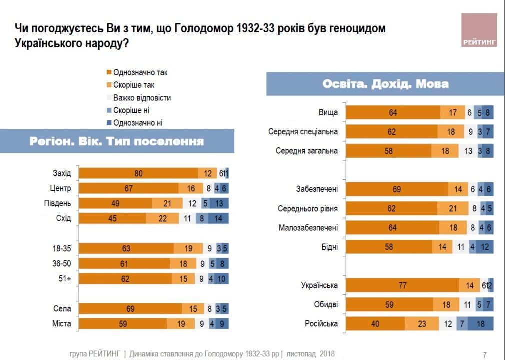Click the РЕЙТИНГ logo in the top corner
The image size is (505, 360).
pyautogui.click(x=479, y=30)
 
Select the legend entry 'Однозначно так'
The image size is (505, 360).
pyautogui.click(x=140, y=72)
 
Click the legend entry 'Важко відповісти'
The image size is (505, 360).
pyautogui.click(x=141, y=98)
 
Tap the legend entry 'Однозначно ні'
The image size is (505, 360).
pyautogui.click(x=137, y=123)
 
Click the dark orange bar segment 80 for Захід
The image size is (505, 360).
pyautogui.click(x=139, y=173)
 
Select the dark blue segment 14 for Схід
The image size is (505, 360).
pyautogui.click(x=218, y=218)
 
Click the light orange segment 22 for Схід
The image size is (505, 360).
pyautogui.click(x=162, y=218)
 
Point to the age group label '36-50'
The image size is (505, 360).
pyautogui.click(x=62, y=263)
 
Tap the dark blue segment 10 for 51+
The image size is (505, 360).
pyautogui.click(x=221, y=278)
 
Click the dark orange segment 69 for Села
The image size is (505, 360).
pyautogui.click(x=131, y=309)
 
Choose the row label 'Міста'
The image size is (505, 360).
pyautogui.click(x=62, y=324)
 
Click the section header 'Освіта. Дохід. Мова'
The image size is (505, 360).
pyautogui.click(x=385, y=84)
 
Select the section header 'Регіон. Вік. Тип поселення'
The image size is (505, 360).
pyautogui.click(x=117, y=141)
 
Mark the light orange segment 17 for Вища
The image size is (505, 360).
pyautogui.click(x=453, y=113)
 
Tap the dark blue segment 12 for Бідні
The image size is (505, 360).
pyautogui.click(x=485, y=247)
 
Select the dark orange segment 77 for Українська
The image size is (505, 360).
pyautogui.click(x=402, y=286)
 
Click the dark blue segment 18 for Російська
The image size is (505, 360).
pyautogui.click(x=480, y=324)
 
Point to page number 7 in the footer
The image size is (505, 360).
pyautogui.click(x=484, y=355)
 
